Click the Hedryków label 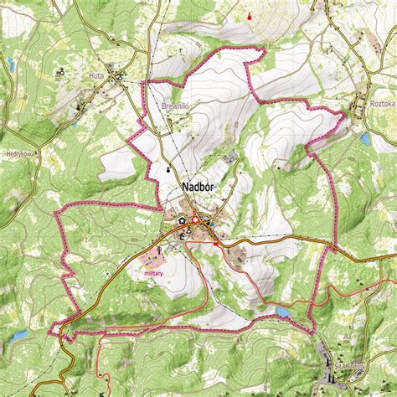point(18,154)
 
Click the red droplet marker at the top point(249,16)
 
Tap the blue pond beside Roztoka point(365,137)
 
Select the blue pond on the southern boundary point(283,312)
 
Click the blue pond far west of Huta point(11,64)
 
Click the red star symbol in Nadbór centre point(197,221)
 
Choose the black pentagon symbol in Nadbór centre point(181,219)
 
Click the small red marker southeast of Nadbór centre point(215,244)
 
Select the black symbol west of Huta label point(61,74)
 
